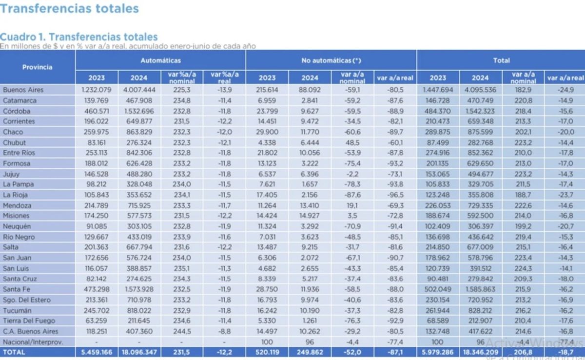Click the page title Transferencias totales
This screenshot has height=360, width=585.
tap(69, 8)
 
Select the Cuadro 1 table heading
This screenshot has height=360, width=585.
tap(79, 37)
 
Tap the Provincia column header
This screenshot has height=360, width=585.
tap(37, 67)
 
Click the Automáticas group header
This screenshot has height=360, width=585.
tap(160, 60)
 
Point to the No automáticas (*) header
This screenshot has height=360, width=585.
tap(331, 60)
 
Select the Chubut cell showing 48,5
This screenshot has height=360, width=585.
tap(353, 142)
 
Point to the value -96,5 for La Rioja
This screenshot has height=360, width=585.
tap(395, 195)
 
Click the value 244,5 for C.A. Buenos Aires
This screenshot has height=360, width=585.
tap(182, 331)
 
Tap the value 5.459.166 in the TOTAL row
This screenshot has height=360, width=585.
tap(96, 352)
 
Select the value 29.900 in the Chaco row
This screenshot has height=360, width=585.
tap(267, 132)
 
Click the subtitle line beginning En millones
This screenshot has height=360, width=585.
tap(128, 46)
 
